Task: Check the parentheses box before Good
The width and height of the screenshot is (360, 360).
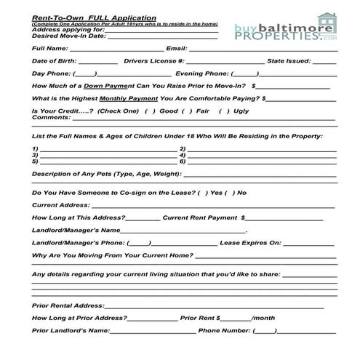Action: (x=150, y=111)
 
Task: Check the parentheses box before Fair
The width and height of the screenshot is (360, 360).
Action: (x=186, y=111)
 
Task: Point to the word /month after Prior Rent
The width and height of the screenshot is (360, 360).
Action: (x=263, y=318)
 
